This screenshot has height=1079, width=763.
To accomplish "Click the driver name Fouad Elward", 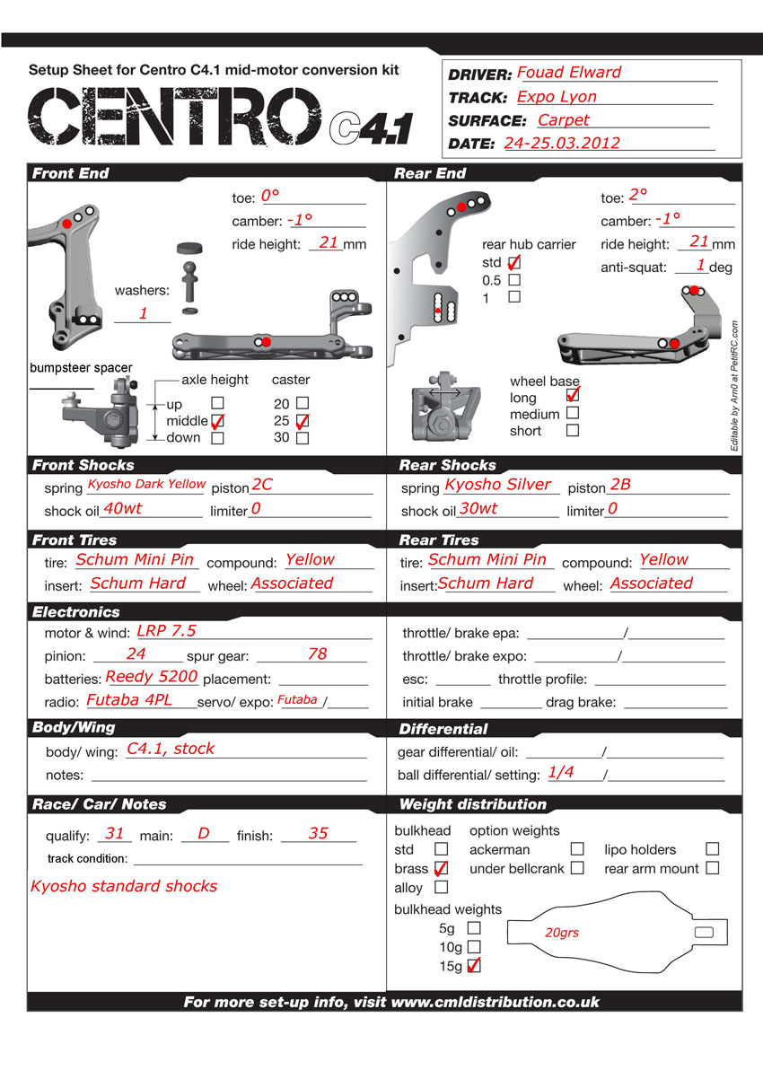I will tap(569, 73).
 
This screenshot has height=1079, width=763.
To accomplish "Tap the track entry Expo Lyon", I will tap(557, 97).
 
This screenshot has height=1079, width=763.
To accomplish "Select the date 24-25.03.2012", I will tap(562, 143).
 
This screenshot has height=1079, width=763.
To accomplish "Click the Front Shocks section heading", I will tap(83, 465).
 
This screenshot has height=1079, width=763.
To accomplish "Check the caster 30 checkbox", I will tap(303, 438).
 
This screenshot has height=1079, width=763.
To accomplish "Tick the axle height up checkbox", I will tap(217, 404).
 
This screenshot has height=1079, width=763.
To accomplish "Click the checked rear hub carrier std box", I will tap(514, 263).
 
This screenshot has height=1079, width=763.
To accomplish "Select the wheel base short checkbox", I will tap(573, 431).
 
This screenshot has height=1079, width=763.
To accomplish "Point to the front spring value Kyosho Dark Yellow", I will tap(146, 485).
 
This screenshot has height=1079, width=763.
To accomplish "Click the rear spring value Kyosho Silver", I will tap(498, 485).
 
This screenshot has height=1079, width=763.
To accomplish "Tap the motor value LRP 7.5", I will tap(166, 631).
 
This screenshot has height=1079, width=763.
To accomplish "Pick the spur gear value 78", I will tap(317, 654).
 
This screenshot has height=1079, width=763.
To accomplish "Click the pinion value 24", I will tap(136, 654).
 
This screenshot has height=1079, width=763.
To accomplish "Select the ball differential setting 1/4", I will tap(561, 772).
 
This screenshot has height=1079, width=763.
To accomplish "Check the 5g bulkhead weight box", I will tap(474, 927).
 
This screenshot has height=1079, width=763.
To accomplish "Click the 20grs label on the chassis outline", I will tap(562, 933).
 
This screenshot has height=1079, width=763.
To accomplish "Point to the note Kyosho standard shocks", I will tap(124, 886).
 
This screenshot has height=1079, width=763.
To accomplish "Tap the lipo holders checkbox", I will tap(712, 848).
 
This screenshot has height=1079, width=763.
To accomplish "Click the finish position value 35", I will tap(318, 834).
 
